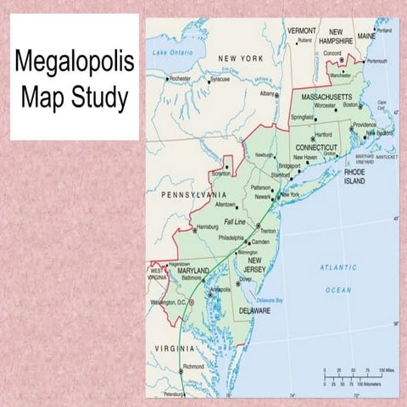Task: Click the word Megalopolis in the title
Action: (x=74, y=64)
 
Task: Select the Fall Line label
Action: (x=233, y=221)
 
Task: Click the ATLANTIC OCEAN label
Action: (x=337, y=278)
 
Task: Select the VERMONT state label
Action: (x=302, y=31)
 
